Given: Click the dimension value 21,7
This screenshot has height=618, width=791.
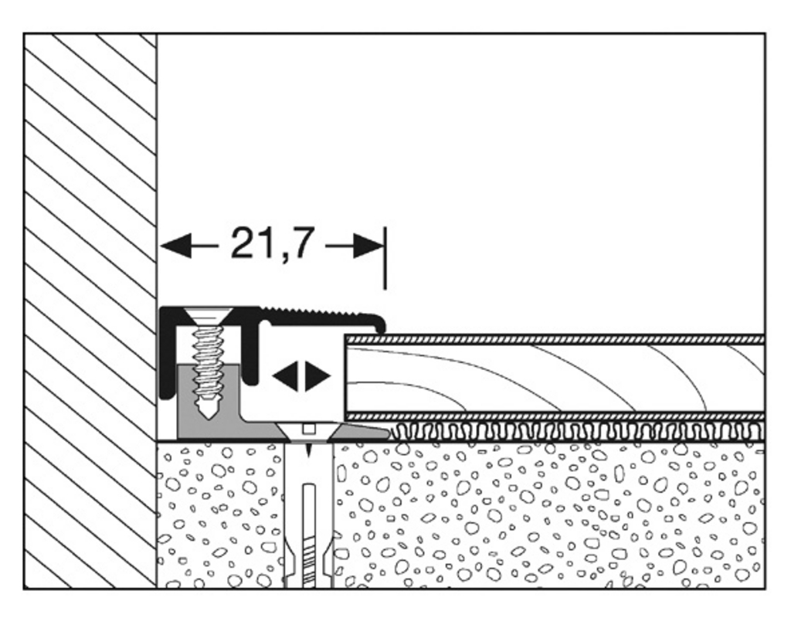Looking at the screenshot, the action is point(273,244).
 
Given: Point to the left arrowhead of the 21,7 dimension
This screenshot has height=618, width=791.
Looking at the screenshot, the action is point(175,246).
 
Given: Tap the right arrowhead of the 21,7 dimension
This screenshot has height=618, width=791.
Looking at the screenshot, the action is point(368,246).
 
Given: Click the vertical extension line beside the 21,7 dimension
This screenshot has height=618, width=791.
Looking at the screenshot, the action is point(385,258).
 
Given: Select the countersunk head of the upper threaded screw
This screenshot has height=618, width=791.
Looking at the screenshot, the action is point(208,316).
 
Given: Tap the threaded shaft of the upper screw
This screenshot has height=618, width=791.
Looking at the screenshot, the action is point(208,362).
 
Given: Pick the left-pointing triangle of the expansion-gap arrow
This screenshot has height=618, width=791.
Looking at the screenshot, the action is point(284,376).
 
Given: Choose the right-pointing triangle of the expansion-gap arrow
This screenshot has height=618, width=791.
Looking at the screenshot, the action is point(317,376).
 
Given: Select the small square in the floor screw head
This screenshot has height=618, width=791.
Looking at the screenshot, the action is point(309,430).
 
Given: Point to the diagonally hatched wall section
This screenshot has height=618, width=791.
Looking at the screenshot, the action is point(90,311).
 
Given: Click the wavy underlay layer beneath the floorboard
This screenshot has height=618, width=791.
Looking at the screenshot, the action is point(578,432).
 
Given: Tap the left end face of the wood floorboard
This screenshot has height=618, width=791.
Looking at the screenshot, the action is point(346,377).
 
